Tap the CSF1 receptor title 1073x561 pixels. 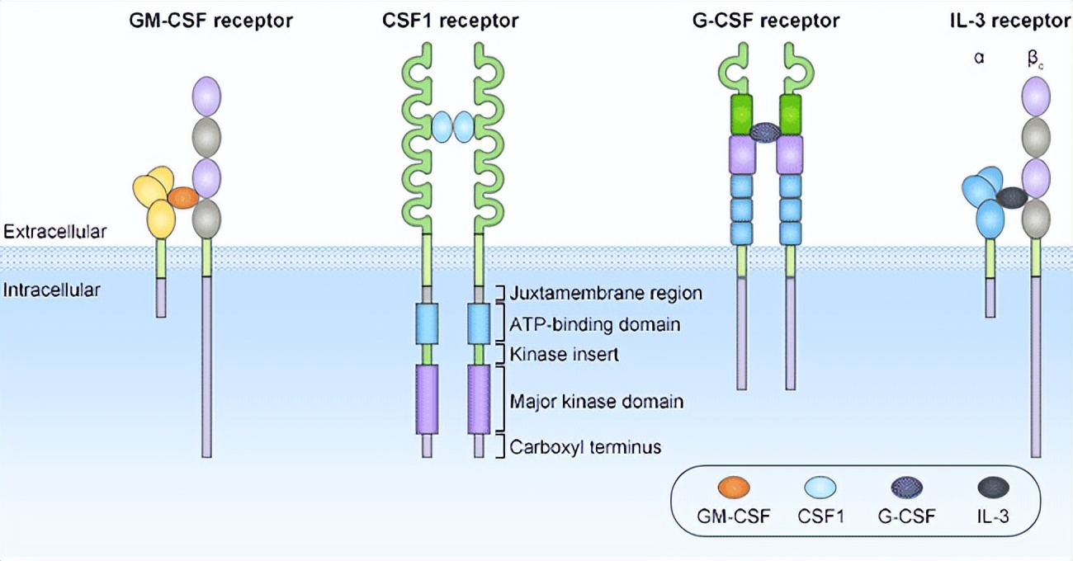pos(445,21)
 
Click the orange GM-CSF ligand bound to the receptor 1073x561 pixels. pos(182,197)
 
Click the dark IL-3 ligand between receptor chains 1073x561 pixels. pos(1011,197)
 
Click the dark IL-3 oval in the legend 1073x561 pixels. pos(990,489)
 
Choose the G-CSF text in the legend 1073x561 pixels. pos(906,518)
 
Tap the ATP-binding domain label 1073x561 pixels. pos(594,324)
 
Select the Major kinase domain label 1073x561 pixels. pos(596,402)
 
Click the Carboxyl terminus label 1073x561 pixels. pos(585,447)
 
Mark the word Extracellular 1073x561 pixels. pos(54,233)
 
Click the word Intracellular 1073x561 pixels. pos(52,290)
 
